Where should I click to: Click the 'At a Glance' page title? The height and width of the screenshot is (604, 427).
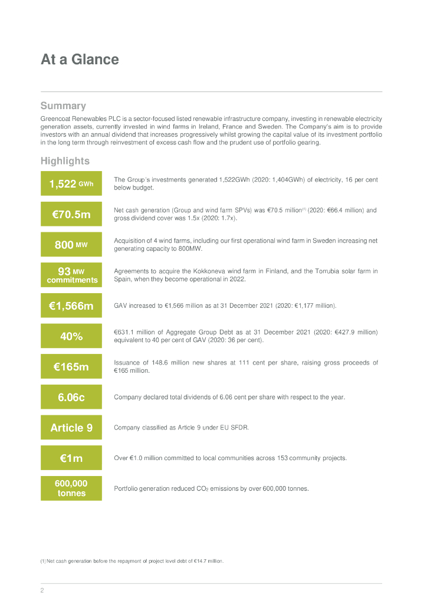[x=80, y=60]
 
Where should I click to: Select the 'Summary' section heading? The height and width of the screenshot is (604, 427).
[x=63, y=106]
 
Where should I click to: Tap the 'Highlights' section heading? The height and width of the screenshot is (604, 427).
[x=65, y=161]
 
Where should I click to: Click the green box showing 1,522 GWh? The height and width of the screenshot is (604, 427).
[x=71, y=183]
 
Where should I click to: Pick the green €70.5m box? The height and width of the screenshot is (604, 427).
[x=71, y=214]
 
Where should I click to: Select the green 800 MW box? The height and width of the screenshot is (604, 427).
[x=71, y=245]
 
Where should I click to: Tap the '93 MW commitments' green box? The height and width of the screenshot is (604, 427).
[x=71, y=275]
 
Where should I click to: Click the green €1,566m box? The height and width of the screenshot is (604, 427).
[x=71, y=306]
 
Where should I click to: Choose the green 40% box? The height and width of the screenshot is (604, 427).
[x=71, y=336]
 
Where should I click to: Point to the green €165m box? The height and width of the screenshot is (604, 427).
[x=71, y=367]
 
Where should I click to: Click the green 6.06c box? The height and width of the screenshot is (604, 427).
[x=71, y=397]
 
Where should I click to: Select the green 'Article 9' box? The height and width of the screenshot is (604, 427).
[x=71, y=428]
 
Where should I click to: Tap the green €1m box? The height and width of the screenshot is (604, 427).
[x=71, y=458]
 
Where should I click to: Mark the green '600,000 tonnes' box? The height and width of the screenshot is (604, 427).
[x=71, y=488]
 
